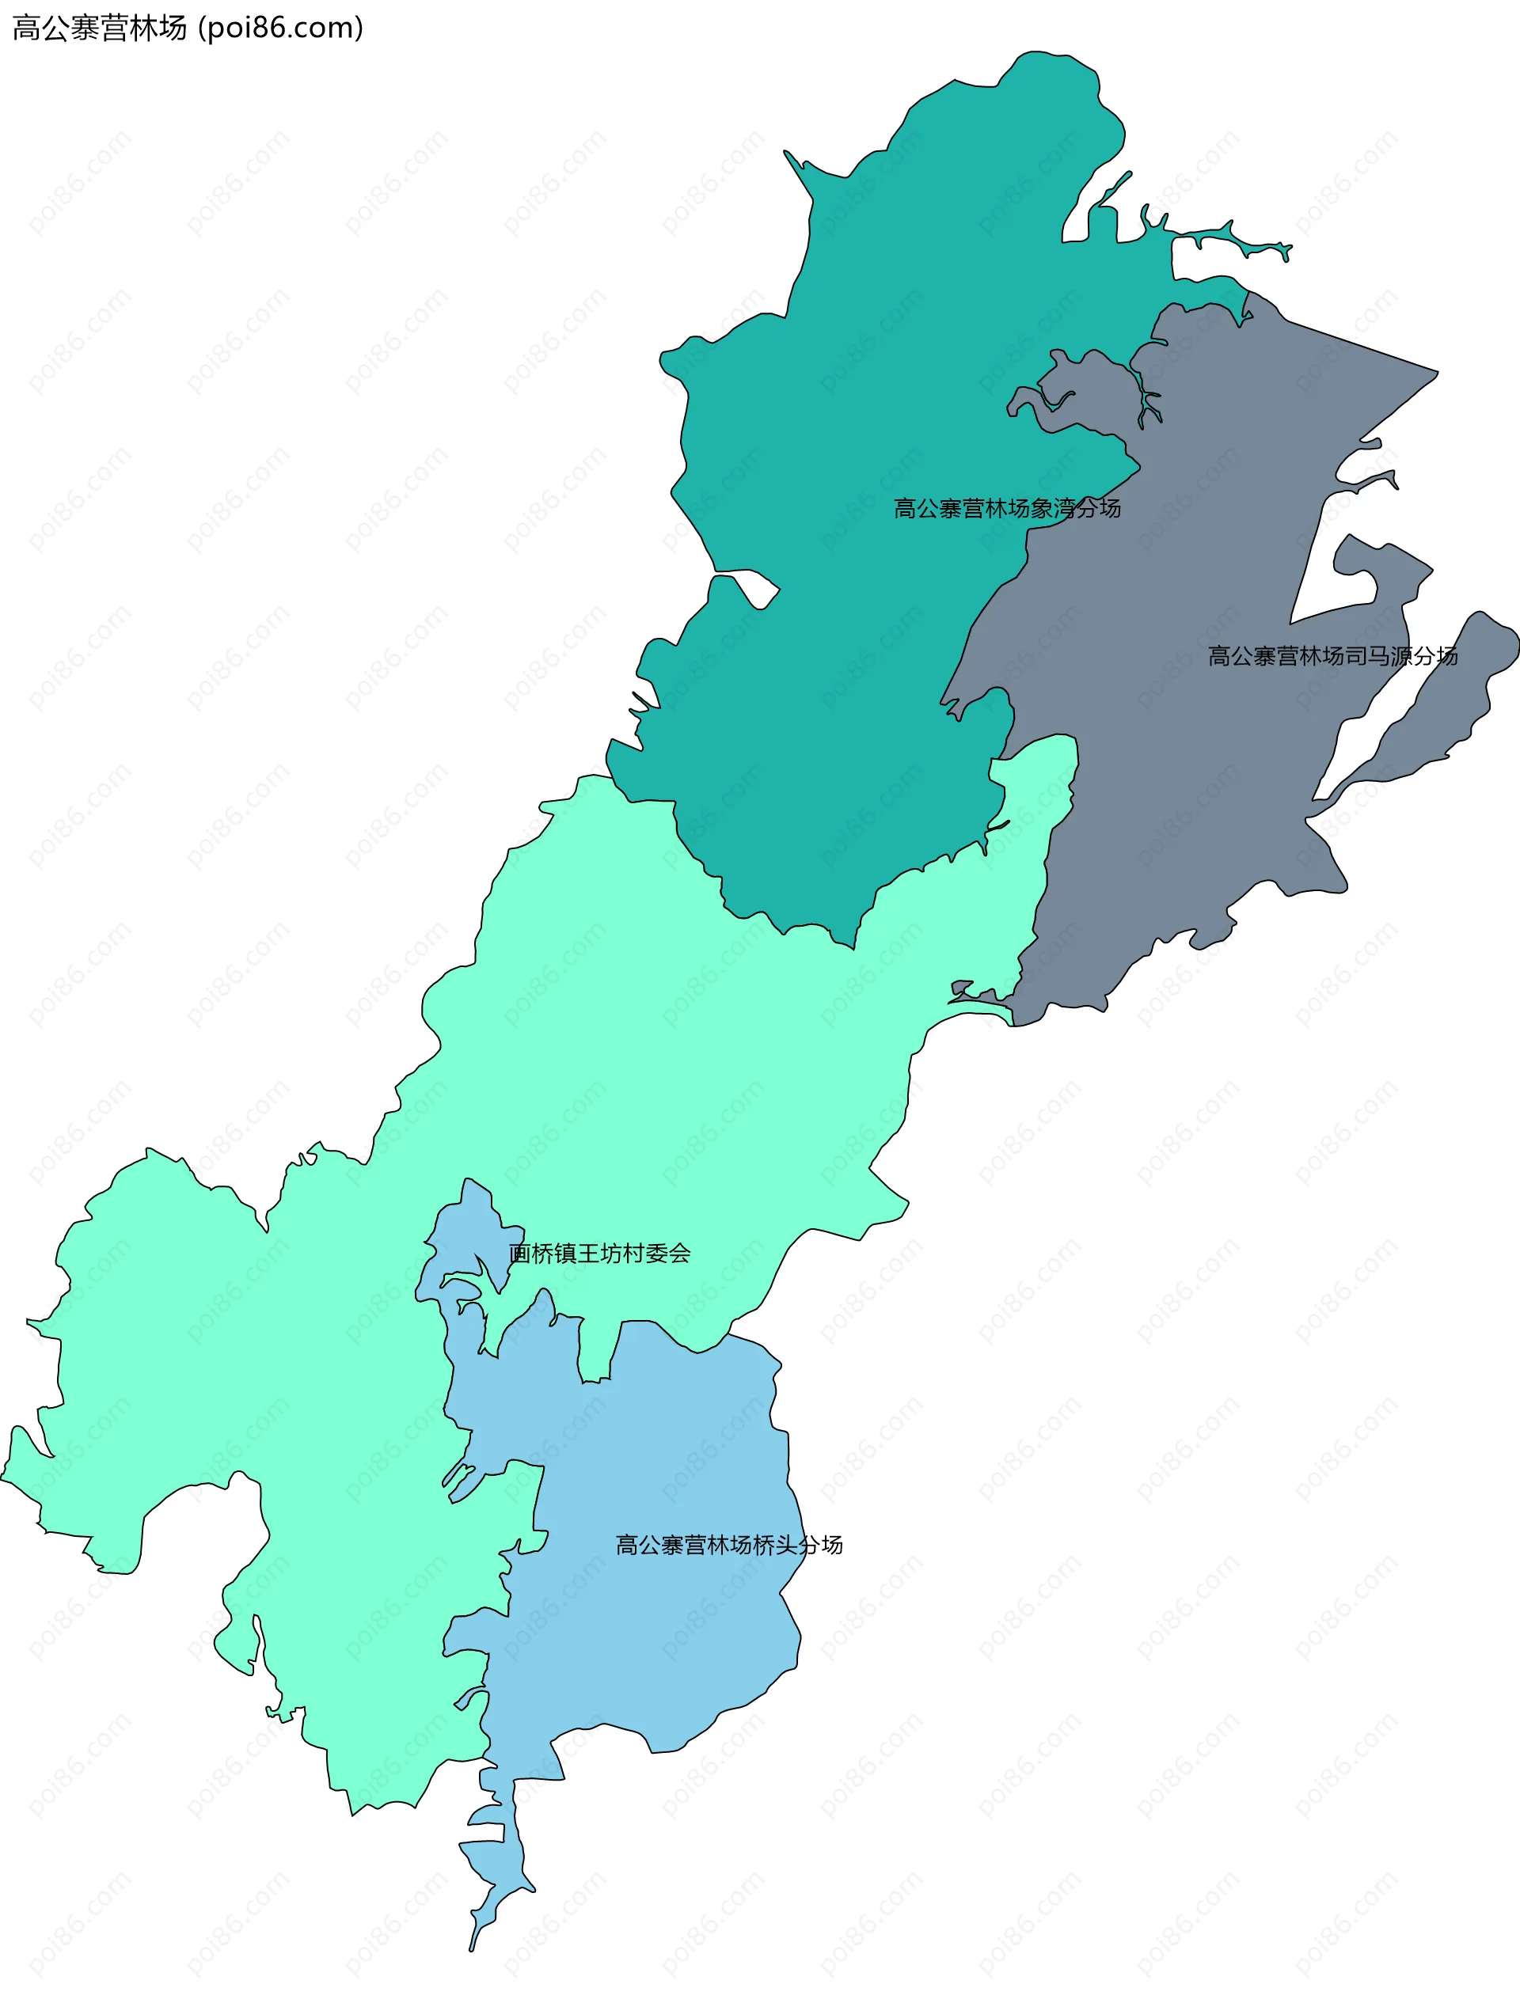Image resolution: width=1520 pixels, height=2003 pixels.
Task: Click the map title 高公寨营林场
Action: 100,28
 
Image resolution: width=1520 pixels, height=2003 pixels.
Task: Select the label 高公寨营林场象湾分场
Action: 1006,508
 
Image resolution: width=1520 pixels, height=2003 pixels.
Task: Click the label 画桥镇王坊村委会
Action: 599,1254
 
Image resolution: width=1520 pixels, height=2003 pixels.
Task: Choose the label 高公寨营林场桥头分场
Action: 729,1545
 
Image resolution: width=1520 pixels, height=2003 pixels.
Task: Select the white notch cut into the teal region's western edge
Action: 747,586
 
